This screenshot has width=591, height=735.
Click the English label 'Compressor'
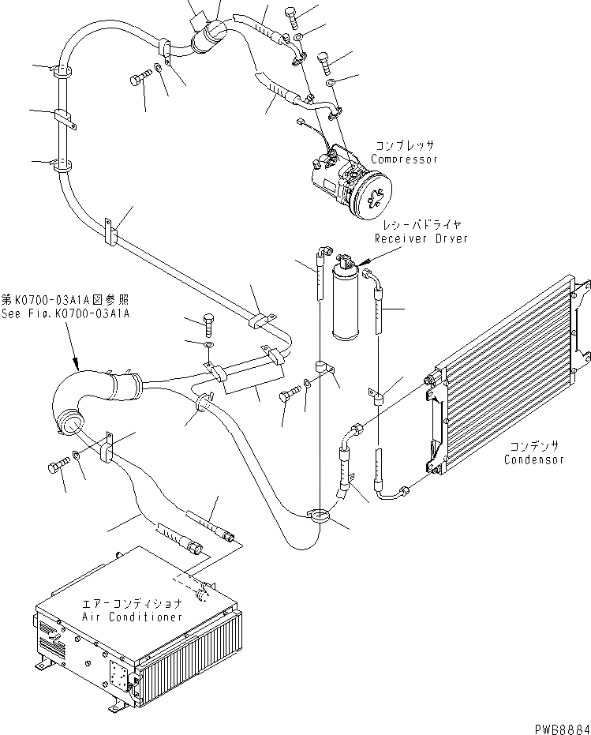pyautogui.click(x=404, y=159)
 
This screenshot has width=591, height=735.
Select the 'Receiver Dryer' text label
pyautogui.click(x=421, y=238)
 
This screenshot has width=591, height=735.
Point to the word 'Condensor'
pyautogui.click(x=534, y=460)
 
